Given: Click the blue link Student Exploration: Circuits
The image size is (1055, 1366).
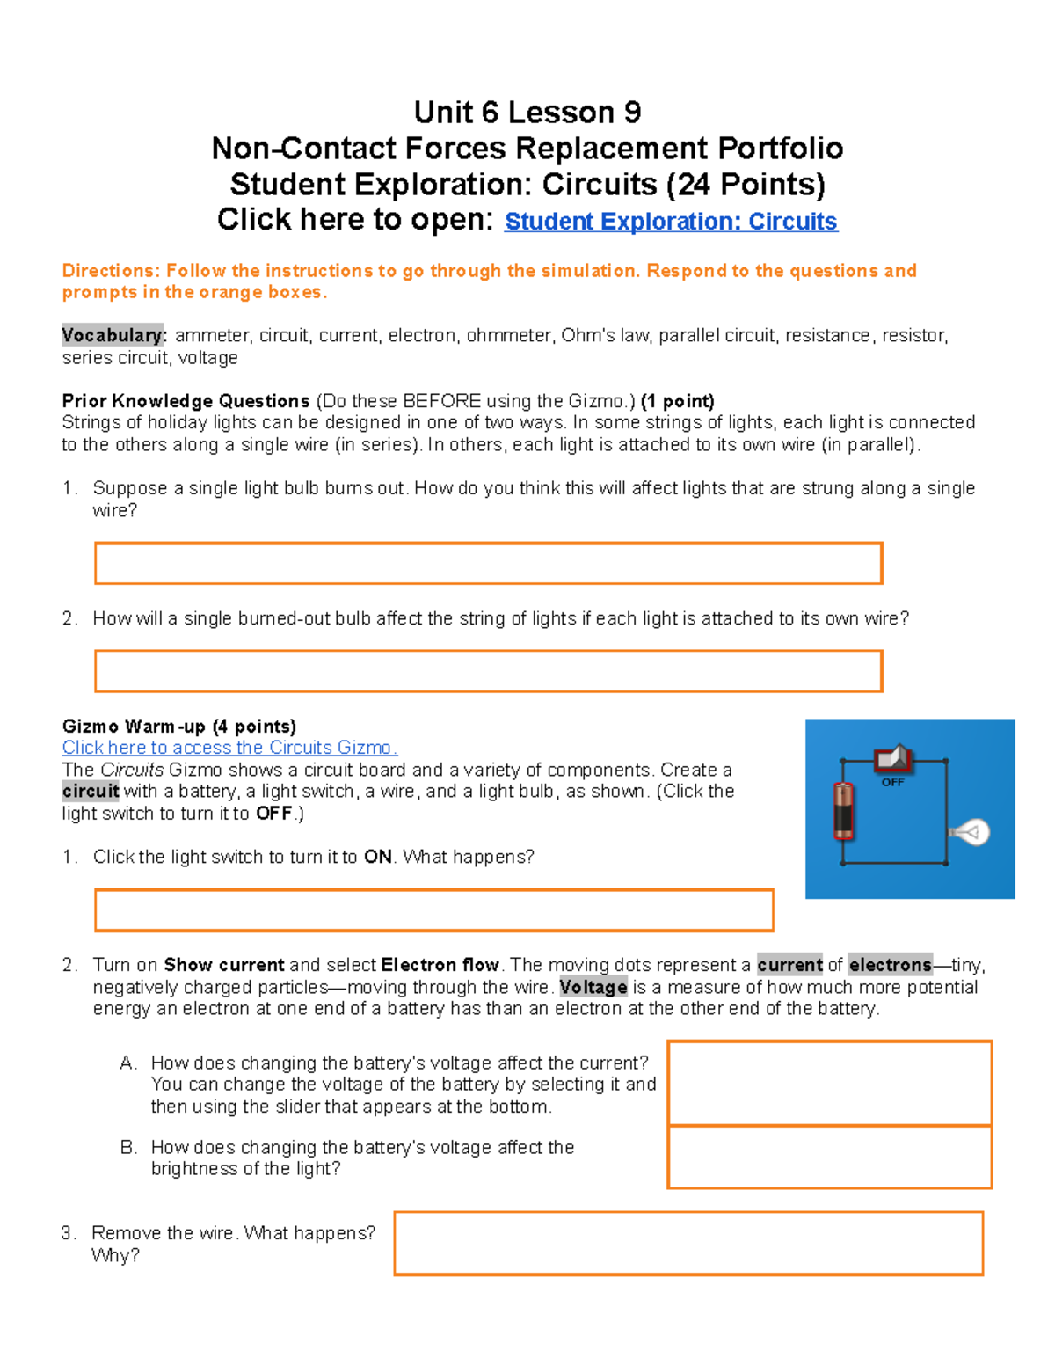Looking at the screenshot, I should [x=671, y=222].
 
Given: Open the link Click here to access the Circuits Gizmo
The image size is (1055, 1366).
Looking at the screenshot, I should [x=229, y=748].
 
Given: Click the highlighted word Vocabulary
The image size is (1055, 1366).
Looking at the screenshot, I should [x=113, y=335].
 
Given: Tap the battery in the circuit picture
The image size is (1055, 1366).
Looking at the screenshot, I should [x=843, y=810].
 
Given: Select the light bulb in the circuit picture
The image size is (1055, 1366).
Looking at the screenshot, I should [x=970, y=832].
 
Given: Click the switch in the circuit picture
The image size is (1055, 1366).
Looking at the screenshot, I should [x=893, y=757].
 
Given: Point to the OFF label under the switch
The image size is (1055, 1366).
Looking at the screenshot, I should [x=892, y=782].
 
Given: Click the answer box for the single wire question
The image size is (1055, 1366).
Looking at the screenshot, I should [x=488, y=563].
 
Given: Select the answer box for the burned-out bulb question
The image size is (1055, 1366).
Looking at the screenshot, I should [x=488, y=671].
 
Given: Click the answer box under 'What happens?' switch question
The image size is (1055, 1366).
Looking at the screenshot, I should [x=433, y=909].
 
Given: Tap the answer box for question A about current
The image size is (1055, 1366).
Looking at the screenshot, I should [x=829, y=1083].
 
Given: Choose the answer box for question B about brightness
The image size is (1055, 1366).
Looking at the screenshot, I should [x=829, y=1158].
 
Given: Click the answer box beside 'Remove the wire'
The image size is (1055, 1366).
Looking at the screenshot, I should [x=688, y=1243].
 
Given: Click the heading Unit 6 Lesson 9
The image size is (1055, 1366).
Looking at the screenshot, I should [x=527, y=113].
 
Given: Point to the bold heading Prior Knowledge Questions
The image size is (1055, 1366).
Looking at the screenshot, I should [x=186, y=401].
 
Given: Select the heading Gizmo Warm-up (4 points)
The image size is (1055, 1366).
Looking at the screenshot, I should [x=179, y=727].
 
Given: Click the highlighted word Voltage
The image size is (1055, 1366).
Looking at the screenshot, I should [x=593, y=987].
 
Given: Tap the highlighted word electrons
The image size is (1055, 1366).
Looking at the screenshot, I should [x=889, y=965].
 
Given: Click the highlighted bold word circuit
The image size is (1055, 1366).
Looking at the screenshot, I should [x=91, y=791].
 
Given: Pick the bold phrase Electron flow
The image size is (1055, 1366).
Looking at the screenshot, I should [x=440, y=965].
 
